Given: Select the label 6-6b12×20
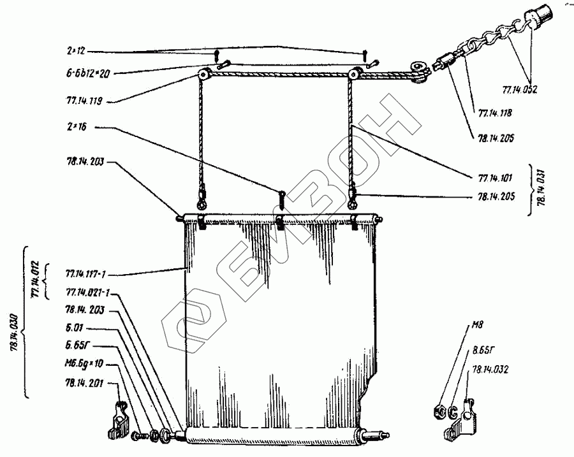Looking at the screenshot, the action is pos(87,73).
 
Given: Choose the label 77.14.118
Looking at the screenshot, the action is pos(494,114).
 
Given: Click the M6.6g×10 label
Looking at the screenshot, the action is pos(83,363).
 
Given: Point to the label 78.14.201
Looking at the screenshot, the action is pos(80,382).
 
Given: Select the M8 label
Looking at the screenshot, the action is pos(476,331).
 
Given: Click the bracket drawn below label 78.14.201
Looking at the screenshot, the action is pos(117,420).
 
